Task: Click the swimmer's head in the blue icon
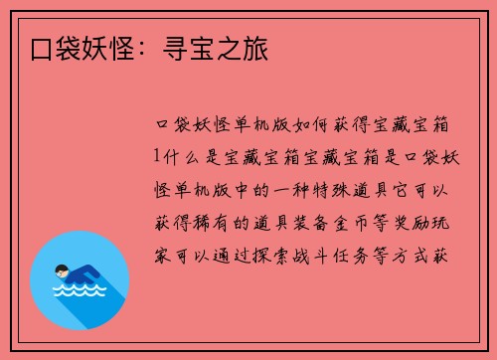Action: (62, 270)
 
